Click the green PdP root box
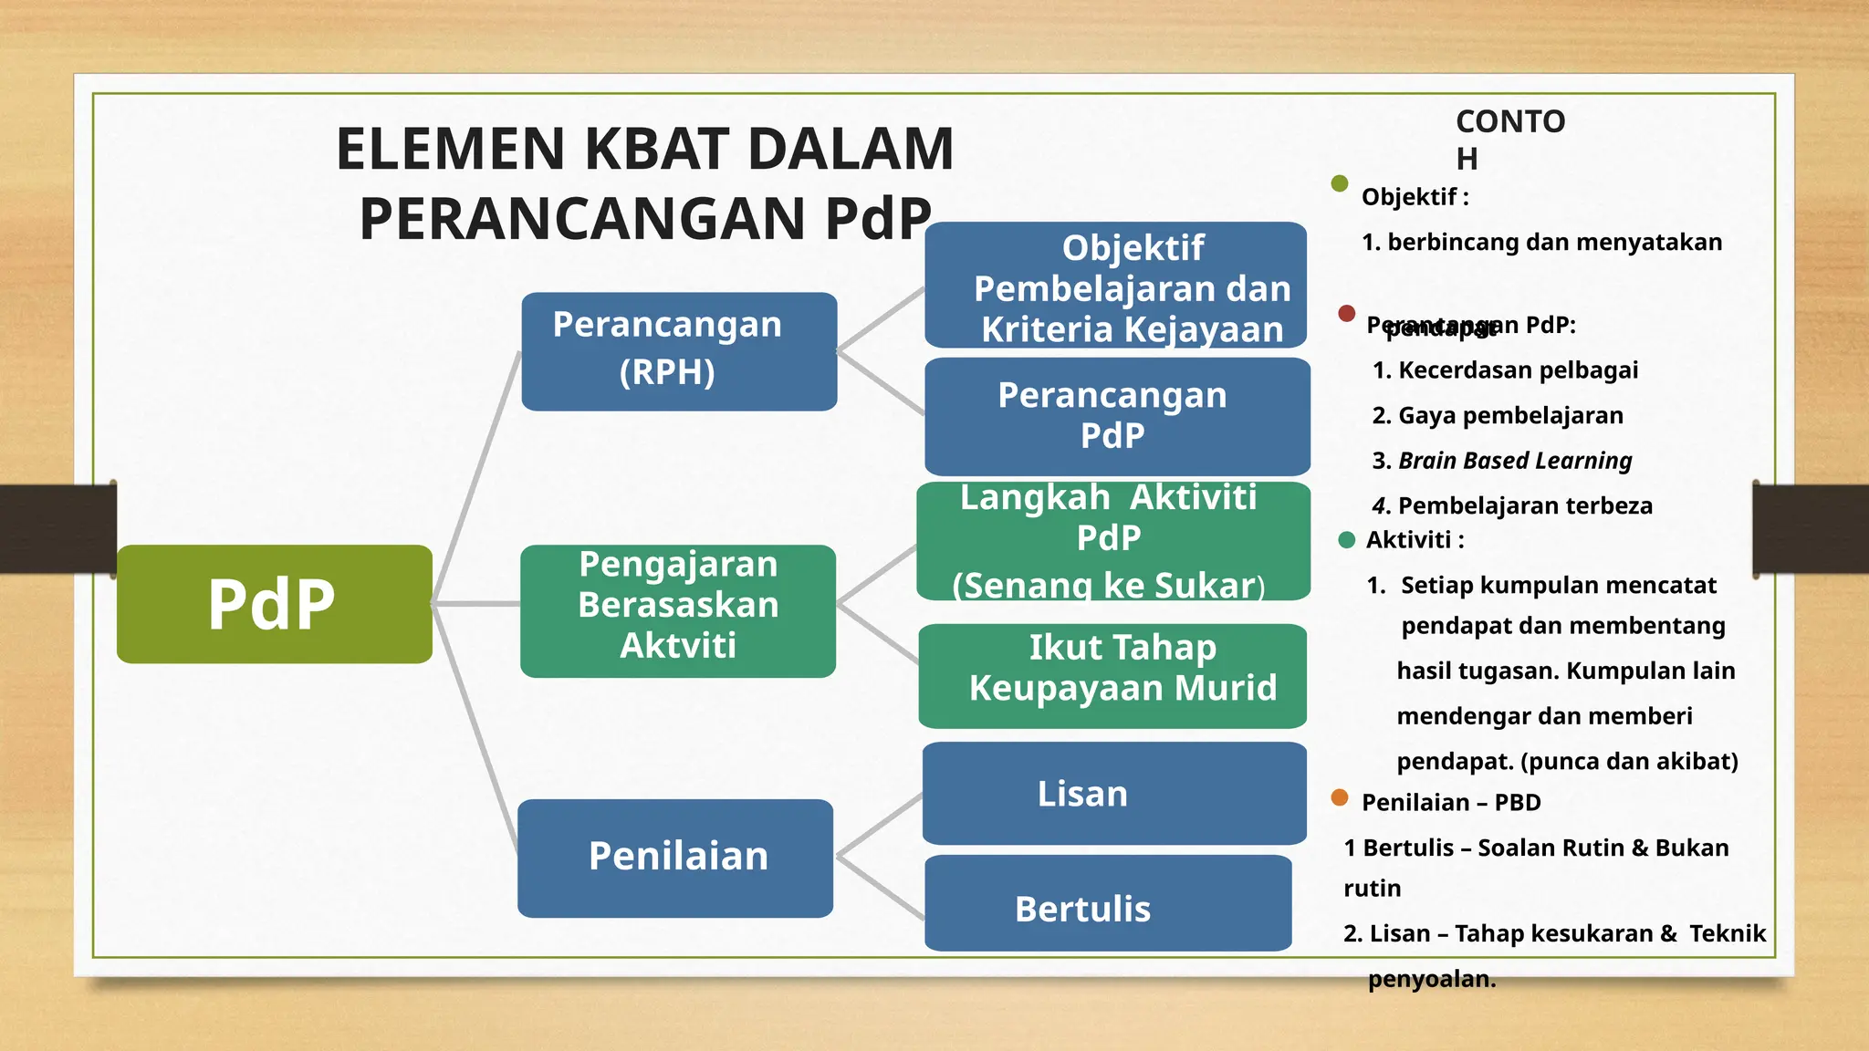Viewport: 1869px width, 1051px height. [x=274, y=604]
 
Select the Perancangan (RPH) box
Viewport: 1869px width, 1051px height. [x=679, y=351]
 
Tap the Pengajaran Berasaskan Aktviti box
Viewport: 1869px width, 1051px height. [x=678, y=610]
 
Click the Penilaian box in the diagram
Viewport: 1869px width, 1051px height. [x=675, y=858]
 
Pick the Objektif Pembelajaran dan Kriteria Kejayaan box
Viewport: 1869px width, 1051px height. [x=1115, y=285]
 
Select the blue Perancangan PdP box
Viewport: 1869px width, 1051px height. [x=1117, y=416]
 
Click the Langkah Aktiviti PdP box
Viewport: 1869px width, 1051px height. [x=1113, y=540]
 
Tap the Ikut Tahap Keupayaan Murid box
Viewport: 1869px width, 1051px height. [x=1112, y=675]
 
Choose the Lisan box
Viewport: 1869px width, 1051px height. [x=1114, y=793]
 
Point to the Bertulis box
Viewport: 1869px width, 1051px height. [x=1108, y=903]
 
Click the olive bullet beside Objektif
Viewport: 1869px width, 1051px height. [x=1340, y=183]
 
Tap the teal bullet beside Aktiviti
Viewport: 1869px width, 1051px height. [x=1346, y=539]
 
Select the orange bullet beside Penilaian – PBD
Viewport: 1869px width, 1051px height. [x=1340, y=797]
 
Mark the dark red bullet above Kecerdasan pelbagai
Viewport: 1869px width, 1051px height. [x=1346, y=313]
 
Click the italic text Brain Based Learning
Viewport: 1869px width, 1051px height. [x=1515, y=460]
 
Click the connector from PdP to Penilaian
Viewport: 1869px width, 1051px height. [x=475, y=730]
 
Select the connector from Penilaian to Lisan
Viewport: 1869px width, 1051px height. [x=878, y=826]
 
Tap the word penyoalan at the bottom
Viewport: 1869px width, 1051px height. [x=1431, y=979]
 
